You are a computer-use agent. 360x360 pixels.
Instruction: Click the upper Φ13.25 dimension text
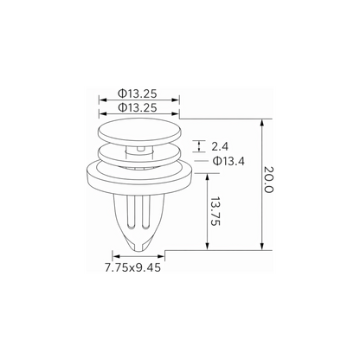click(137, 93)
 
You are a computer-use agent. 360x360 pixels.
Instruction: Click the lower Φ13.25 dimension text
click(137, 107)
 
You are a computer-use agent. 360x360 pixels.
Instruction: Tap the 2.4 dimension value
click(220, 146)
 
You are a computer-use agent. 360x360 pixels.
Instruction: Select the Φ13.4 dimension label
click(228, 161)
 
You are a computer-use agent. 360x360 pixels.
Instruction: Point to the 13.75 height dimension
click(215, 211)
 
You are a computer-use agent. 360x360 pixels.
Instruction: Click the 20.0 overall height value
click(268, 180)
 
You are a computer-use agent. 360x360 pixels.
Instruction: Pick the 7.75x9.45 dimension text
click(132, 267)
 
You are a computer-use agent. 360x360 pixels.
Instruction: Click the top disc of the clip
click(139, 131)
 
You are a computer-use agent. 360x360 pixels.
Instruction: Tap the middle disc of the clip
click(139, 154)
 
